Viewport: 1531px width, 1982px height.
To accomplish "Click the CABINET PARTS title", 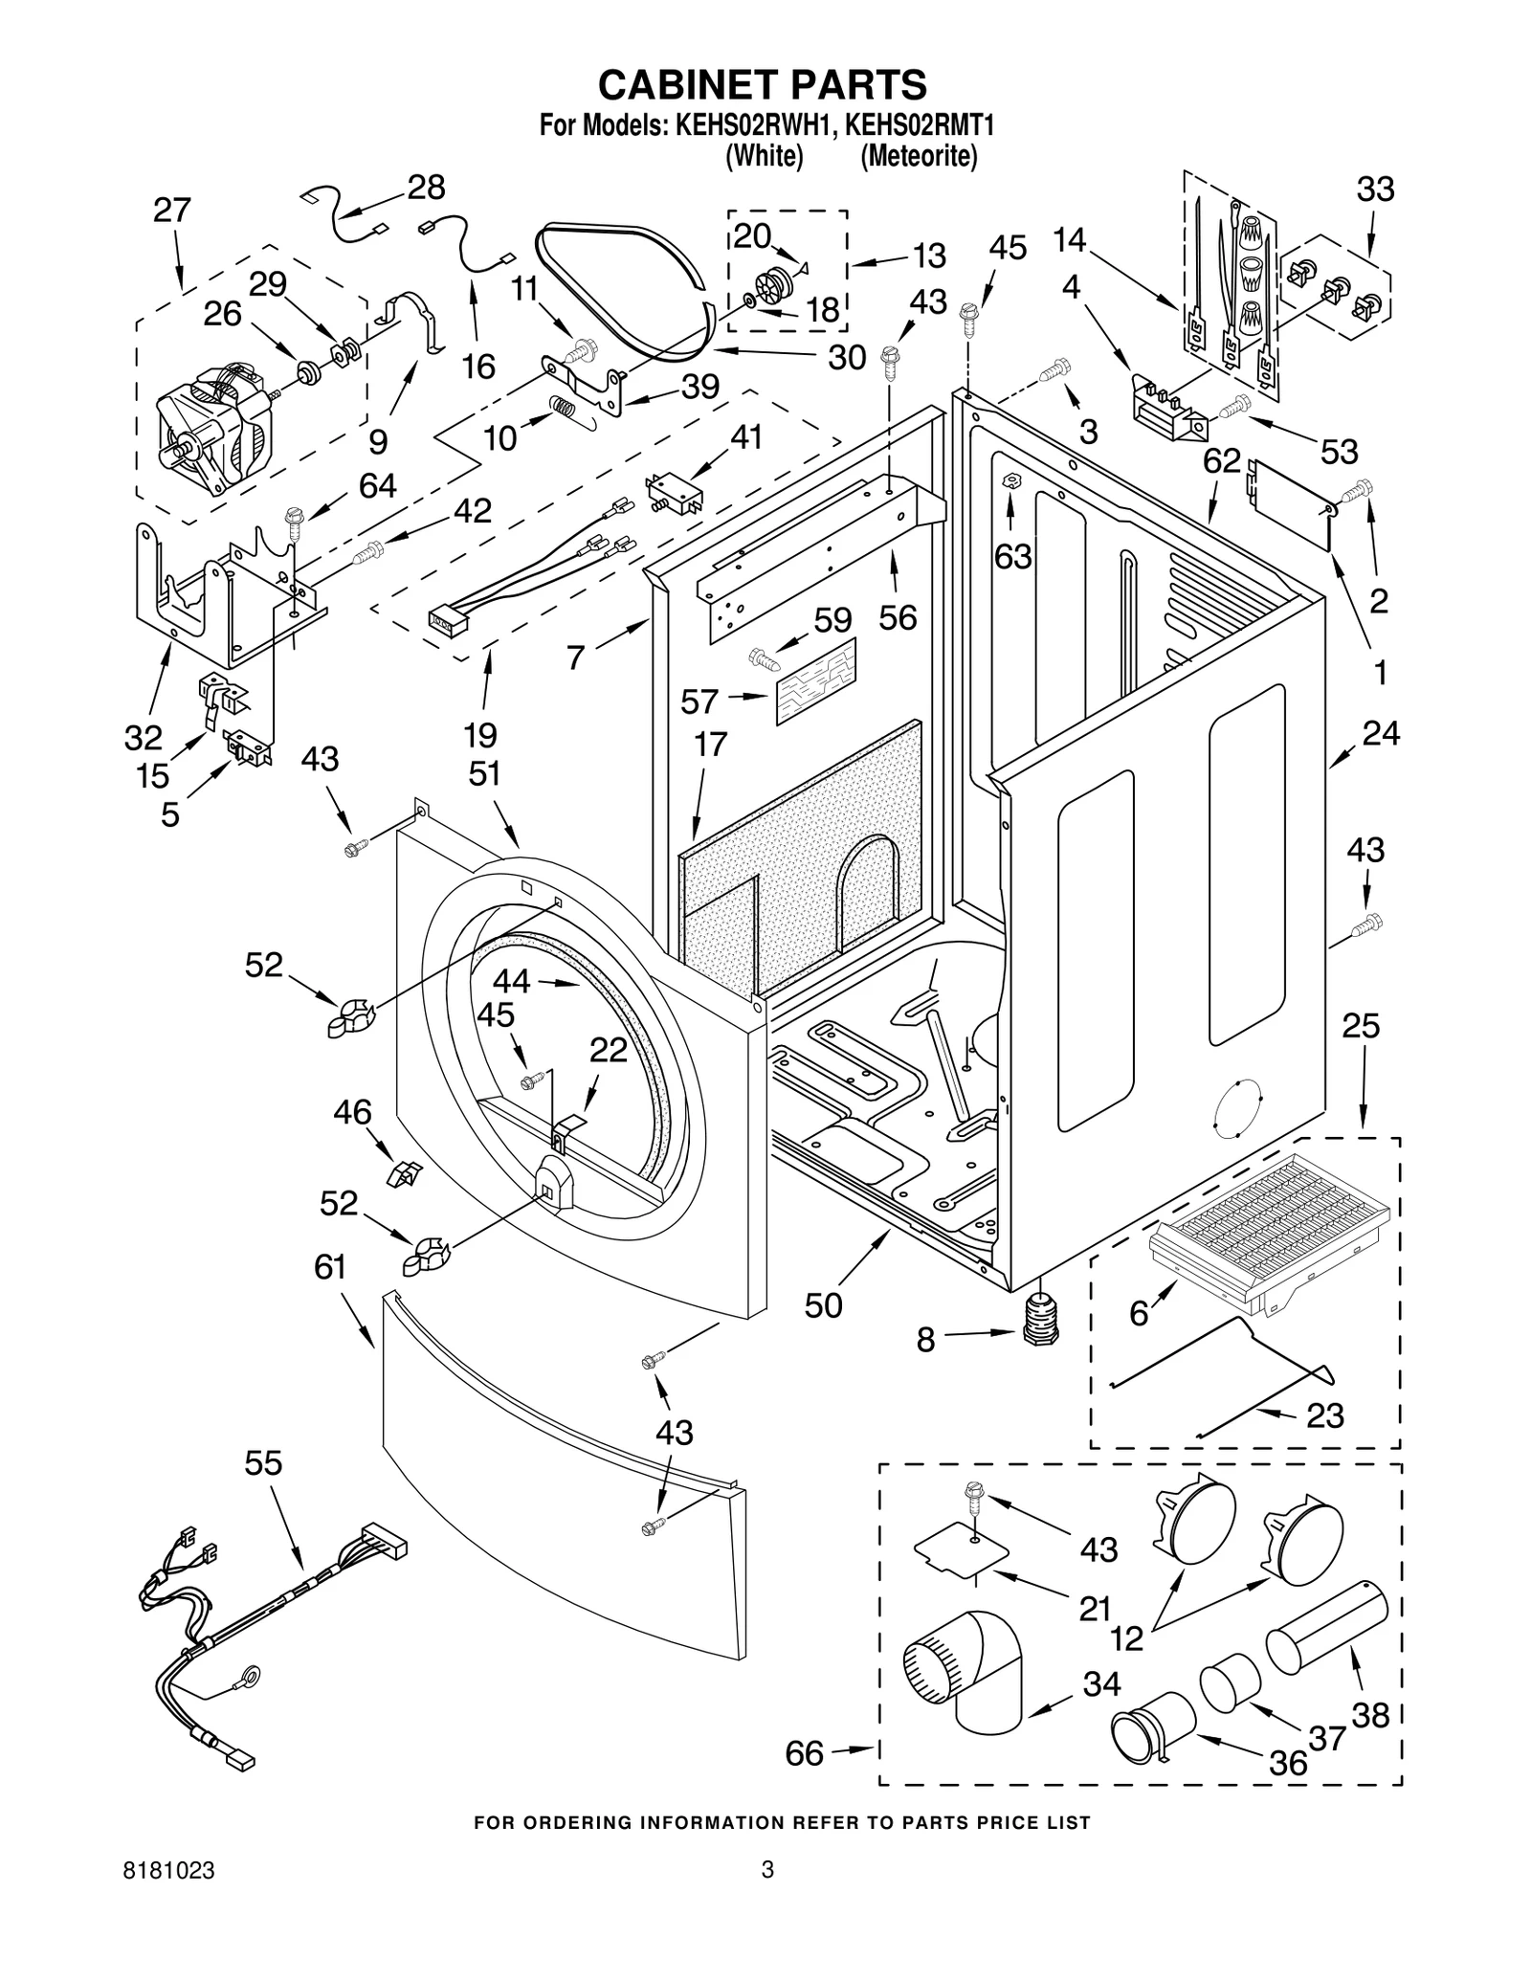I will click(x=762, y=84).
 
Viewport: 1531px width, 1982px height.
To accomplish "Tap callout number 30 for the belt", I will click(x=846, y=357).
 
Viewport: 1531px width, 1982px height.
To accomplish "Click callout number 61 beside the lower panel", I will click(x=330, y=1267).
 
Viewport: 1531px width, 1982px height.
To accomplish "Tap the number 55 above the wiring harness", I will click(x=263, y=1463).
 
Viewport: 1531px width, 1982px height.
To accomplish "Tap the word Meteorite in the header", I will click(x=919, y=156).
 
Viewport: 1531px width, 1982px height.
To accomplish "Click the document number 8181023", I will click(x=168, y=1897).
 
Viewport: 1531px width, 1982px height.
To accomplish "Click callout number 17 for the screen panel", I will click(x=710, y=744).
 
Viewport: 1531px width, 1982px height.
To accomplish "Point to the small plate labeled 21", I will click(x=962, y=1554).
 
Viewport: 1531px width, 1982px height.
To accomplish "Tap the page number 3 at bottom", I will click(x=766, y=1897).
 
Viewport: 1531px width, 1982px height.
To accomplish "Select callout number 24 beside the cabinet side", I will click(x=1381, y=733).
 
